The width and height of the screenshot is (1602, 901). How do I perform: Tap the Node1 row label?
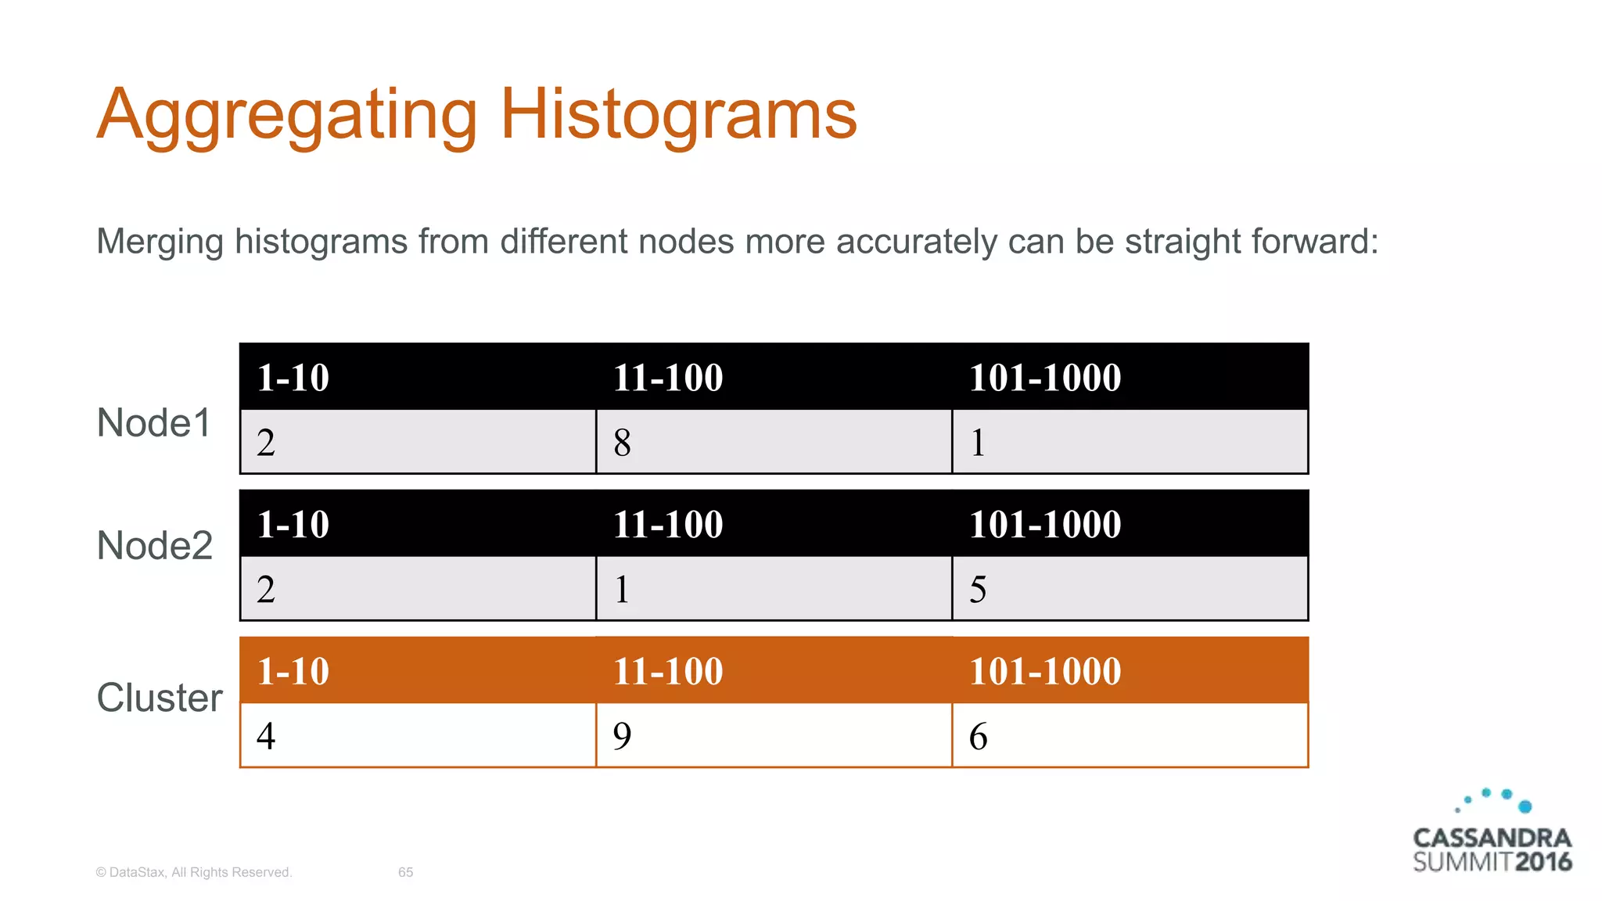(154, 423)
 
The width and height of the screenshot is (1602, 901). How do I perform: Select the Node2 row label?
(155, 545)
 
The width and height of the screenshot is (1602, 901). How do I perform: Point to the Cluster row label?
(160, 698)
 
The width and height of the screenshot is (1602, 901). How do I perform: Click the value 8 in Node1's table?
(622, 443)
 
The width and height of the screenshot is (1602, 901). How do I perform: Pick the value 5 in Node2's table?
(978, 590)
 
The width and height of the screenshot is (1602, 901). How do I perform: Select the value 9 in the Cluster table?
(622, 736)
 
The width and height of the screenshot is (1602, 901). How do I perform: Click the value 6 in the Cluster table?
(978, 736)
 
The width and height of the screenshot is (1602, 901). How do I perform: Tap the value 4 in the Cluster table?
(266, 736)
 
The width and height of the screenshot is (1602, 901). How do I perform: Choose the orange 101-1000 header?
(1044, 671)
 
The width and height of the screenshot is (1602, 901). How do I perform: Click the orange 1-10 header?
(293, 671)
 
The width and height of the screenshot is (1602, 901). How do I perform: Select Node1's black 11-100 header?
(667, 378)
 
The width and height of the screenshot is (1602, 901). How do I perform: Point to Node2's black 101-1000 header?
(1044, 524)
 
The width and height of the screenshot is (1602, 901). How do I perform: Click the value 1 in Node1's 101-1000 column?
(978, 443)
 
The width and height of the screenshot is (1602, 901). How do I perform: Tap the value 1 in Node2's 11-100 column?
(622, 590)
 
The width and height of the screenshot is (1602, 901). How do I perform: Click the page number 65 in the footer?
(405, 872)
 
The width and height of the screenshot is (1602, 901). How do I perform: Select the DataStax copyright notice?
(193, 872)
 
